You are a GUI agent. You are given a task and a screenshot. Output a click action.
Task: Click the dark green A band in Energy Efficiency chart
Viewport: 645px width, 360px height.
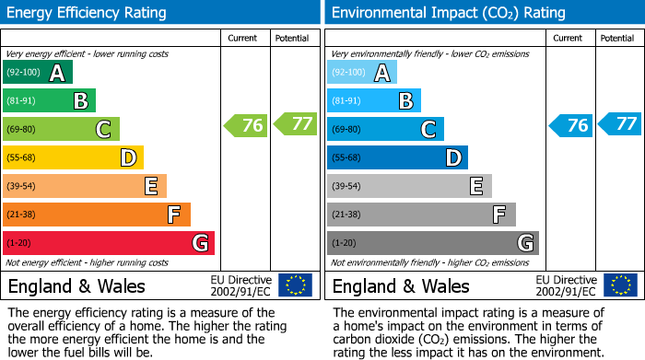tap(38, 72)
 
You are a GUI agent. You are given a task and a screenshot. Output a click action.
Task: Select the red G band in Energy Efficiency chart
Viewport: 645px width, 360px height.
tap(109, 243)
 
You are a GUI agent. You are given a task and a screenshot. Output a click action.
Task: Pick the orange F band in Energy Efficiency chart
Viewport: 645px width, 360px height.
tap(97, 215)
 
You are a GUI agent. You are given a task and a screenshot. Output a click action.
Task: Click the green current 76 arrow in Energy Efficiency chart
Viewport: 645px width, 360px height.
tap(246, 125)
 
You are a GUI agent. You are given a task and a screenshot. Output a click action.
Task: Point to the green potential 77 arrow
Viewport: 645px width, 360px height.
tap(295, 123)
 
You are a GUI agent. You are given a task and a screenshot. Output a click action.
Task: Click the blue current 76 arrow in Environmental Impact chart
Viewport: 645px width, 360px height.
tap(570, 125)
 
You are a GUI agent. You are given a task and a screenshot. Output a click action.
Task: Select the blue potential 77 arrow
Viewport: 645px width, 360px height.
tap(619, 123)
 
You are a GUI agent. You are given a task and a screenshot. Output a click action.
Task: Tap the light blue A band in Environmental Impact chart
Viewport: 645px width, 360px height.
tap(362, 72)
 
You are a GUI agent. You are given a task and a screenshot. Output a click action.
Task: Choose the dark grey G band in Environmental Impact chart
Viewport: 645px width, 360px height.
tap(433, 243)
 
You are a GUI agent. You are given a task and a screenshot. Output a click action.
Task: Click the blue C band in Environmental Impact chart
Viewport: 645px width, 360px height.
tap(385, 129)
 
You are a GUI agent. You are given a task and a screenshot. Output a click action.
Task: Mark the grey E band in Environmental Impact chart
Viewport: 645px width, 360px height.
tap(409, 186)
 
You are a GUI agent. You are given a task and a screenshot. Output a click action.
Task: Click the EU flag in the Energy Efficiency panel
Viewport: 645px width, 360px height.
tap(295, 285)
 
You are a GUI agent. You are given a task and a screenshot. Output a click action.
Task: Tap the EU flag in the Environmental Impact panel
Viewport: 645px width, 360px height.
tap(619, 285)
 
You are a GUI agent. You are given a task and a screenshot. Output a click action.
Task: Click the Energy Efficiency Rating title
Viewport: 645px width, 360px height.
tap(88, 13)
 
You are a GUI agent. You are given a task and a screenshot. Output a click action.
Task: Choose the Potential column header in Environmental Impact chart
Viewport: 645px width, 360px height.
tap(617, 38)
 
